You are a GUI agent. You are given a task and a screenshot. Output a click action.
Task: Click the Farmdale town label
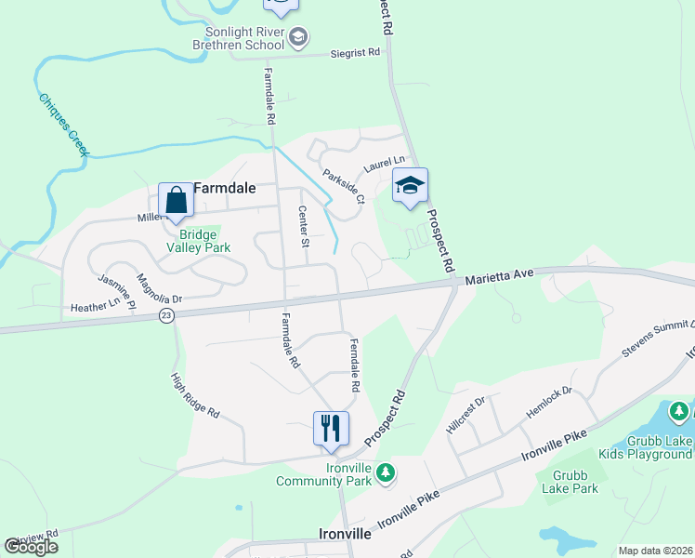[x=224, y=185]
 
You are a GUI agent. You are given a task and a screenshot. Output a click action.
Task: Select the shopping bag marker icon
[x=176, y=200]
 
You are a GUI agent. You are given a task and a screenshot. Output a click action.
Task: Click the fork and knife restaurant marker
[x=331, y=428]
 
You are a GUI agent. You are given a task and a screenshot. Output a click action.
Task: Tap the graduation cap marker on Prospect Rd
[x=410, y=185]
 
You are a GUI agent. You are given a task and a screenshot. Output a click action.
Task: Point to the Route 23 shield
[x=165, y=316]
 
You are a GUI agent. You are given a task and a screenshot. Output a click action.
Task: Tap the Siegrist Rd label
[x=356, y=53]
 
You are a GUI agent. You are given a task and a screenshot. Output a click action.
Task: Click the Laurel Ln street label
[x=386, y=165]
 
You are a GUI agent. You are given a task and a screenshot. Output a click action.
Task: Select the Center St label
[x=303, y=227]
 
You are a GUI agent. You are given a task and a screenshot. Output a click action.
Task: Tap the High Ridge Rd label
[x=195, y=395]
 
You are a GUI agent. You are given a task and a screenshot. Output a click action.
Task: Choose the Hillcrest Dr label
[x=466, y=414]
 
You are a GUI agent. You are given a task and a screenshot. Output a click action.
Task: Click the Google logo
[x=32, y=547]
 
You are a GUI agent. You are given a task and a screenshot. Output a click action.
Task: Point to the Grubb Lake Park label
[x=570, y=482]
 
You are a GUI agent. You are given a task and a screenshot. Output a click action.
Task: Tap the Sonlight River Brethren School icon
[x=298, y=37]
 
